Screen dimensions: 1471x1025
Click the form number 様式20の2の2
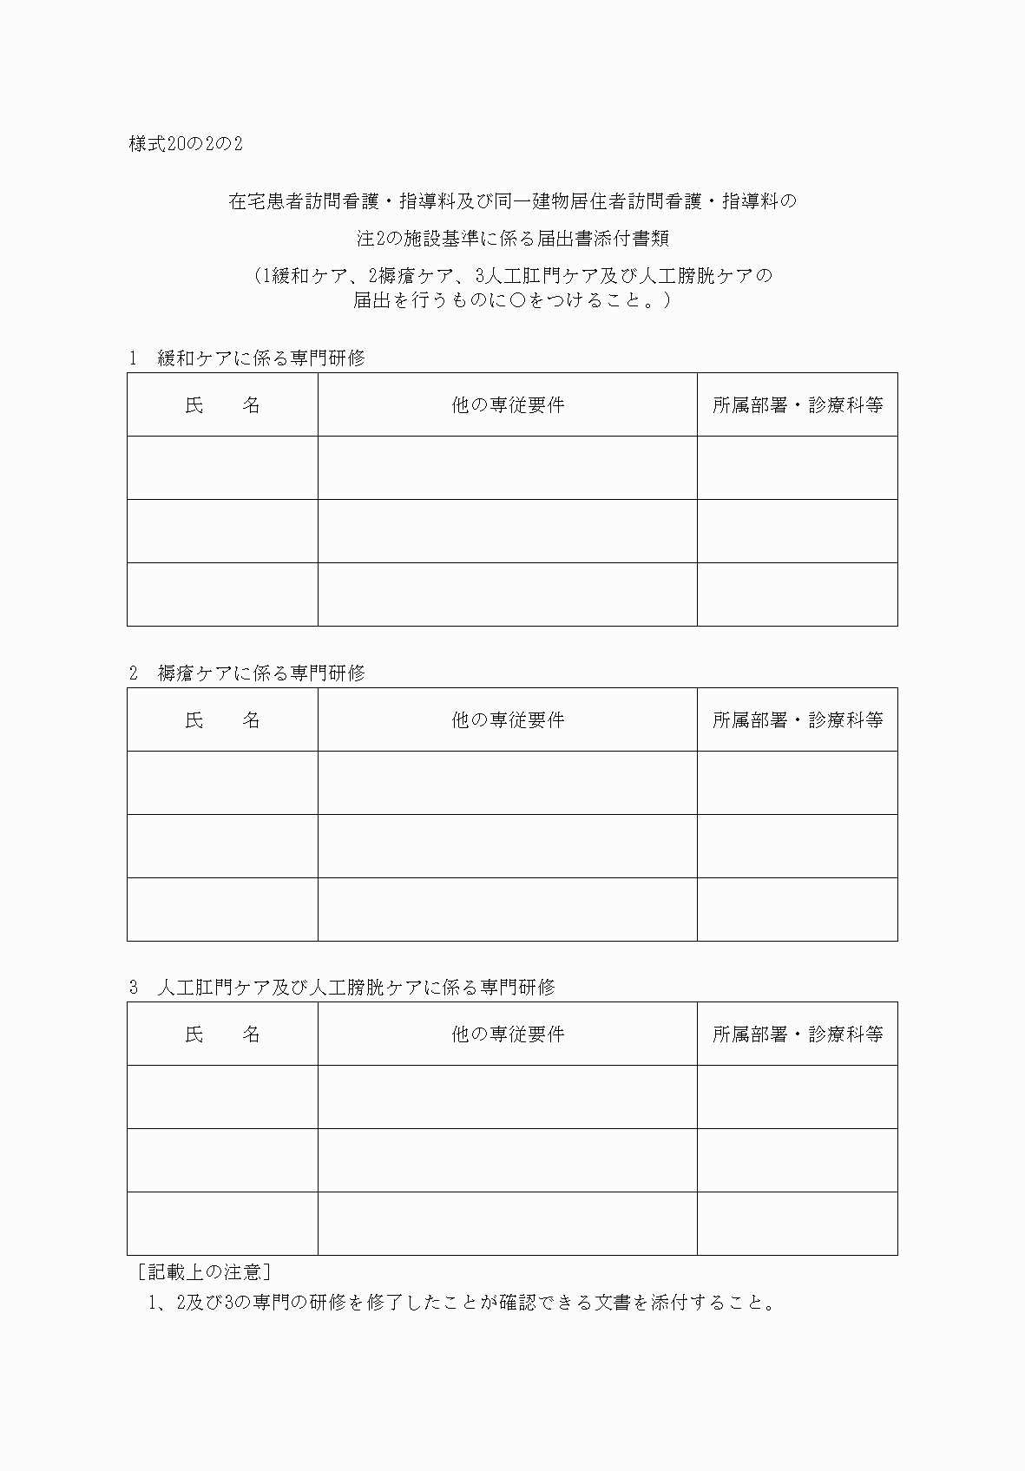pyautogui.click(x=186, y=144)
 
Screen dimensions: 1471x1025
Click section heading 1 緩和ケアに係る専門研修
pyautogui.click(x=247, y=358)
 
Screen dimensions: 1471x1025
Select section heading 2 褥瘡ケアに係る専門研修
pyautogui.click(x=247, y=673)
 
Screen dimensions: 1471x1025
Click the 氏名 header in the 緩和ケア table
pyautogui.click(x=222, y=405)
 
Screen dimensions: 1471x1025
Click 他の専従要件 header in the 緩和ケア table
pyautogui.click(x=508, y=405)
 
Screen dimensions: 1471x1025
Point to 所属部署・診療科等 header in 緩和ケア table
pyautogui.click(x=798, y=405)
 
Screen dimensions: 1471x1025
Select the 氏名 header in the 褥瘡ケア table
pyautogui.click(x=222, y=720)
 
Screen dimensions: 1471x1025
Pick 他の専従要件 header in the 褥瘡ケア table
pyautogui.click(x=508, y=720)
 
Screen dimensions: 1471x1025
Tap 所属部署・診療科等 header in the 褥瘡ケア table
pyautogui.click(x=798, y=720)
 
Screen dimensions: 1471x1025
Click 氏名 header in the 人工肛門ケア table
pyautogui.click(x=222, y=1034)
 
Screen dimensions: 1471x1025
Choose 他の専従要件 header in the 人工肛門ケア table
pyautogui.click(x=508, y=1034)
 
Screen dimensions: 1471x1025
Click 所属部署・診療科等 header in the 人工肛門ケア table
pyautogui.click(x=798, y=1034)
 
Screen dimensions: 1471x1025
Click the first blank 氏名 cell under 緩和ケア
pyautogui.click(x=222, y=468)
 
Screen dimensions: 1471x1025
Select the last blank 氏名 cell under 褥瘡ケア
pyautogui.click(x=222, y=910)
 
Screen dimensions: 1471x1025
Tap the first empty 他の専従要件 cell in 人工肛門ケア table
pyautogui.click(x=508, y=1097)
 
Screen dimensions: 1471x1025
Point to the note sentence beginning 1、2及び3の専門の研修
pyautogui.click(x=461, y=1303)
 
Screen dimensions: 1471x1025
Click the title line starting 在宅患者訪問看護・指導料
pyautogui.click(x=512, y=202)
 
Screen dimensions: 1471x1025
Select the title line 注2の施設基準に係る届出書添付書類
pyautogui.click(x=512, y=239)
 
